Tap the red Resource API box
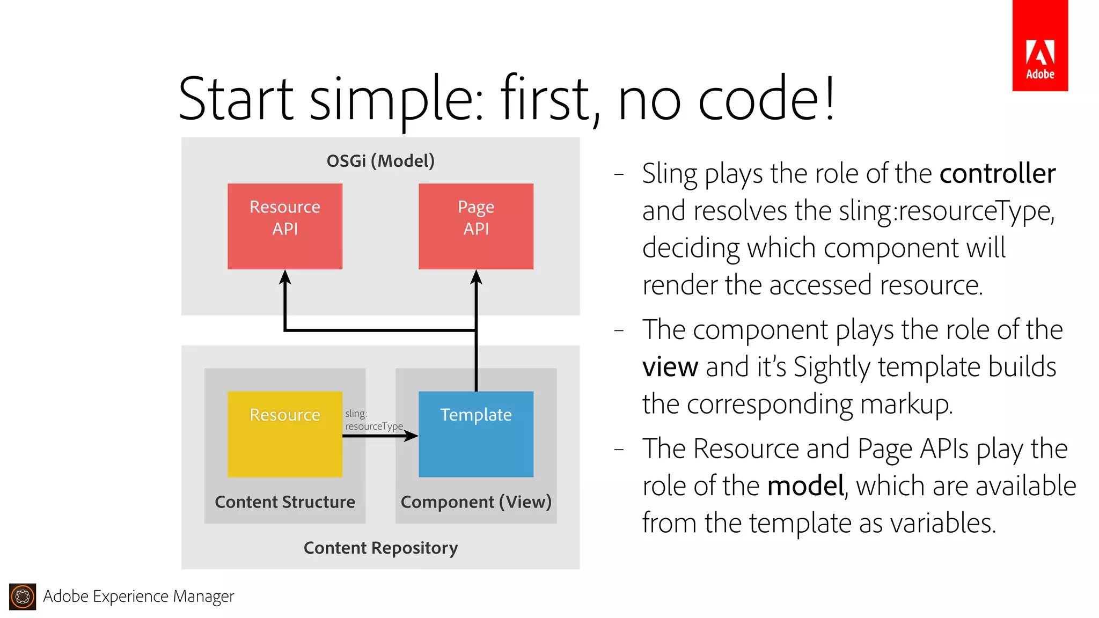tap(284, 226)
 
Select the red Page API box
tap(475, 226)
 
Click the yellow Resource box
tap(284, 434)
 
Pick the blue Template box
tap(475, 434)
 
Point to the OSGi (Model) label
tap(380, 161)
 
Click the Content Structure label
tap(284, 502)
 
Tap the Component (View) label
tap(475, 502)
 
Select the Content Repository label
tap(380, 548)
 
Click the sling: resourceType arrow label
tap(373, 420)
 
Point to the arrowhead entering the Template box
tap(412, 436)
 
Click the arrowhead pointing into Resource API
tap(285, 277)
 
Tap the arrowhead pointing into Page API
tap(476, 277)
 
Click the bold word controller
tap(997, 174)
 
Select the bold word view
tap(670, 367)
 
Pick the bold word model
tap(805, 486)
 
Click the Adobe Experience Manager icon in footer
tap(23, 597)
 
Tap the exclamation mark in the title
tap(830, 99)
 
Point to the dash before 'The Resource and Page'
tap(619, 449)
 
